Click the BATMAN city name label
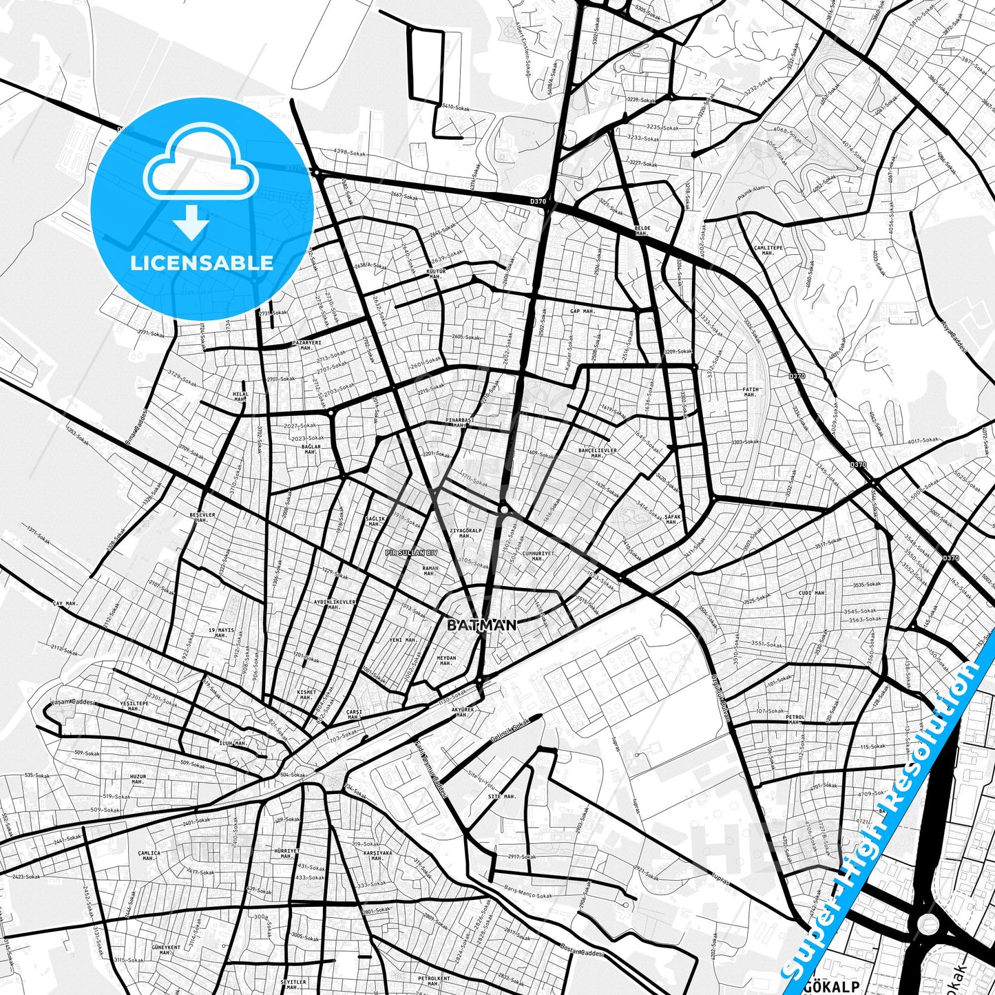tap(481, 625)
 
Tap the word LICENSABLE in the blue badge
tap(202, 262)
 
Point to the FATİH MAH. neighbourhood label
tap(750, 392)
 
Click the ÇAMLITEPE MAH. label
tap(768, 250)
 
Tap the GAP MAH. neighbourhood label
tap(582, 311)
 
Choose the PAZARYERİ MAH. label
tap(306, 344)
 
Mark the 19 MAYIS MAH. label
tap(221, 633)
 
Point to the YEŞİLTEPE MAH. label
tap(134, 706)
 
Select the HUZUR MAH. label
tap(138, 779)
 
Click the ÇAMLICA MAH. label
tap(149, 856)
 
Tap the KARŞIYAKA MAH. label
tap(377, 855)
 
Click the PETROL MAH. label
tap(795, 720)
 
